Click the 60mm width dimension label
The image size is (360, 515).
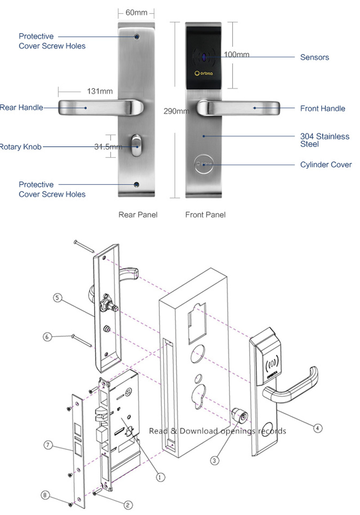coord(136,13)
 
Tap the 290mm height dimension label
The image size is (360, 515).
coord(176,111)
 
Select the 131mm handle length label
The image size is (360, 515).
coord(100,91)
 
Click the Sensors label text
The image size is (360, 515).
coord(315,58)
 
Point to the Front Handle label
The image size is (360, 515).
coord(323,108)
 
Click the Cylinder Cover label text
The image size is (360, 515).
coord(326,165)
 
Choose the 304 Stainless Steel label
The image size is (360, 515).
coord(324,140)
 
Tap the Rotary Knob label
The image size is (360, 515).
coord(20,147)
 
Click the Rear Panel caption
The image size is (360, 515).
coord(138,215)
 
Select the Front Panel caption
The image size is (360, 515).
coord(205,215)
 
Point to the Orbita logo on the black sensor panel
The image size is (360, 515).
coord(205,73)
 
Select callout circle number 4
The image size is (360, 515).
coord(318,429)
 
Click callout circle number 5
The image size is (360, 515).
coord(57,297)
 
